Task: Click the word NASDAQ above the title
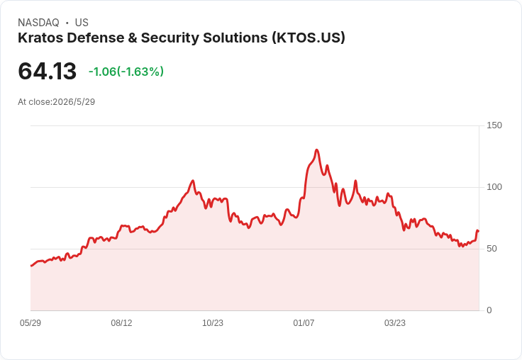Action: [38, 23]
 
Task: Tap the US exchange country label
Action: [82, 23]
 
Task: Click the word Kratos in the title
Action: [40, 38]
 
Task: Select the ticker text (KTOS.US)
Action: [309, 38]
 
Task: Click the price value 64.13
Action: [48, 71]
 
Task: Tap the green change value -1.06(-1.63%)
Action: [126, 72]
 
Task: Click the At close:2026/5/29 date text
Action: [57, 102]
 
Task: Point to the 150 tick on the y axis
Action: [494, 125]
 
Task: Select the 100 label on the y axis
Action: [494, 187]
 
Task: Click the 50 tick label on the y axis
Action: [492, 249]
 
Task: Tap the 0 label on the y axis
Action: [489, 310]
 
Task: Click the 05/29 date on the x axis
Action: [30, 323]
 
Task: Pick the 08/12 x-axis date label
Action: [121, 323]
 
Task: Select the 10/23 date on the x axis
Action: [213, 323]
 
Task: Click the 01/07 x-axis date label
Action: [304, 323]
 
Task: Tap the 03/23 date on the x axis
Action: [395, 323]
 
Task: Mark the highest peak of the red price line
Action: [316, 150]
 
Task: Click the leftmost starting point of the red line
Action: [31, 266]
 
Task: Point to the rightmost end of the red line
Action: [479, 231]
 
